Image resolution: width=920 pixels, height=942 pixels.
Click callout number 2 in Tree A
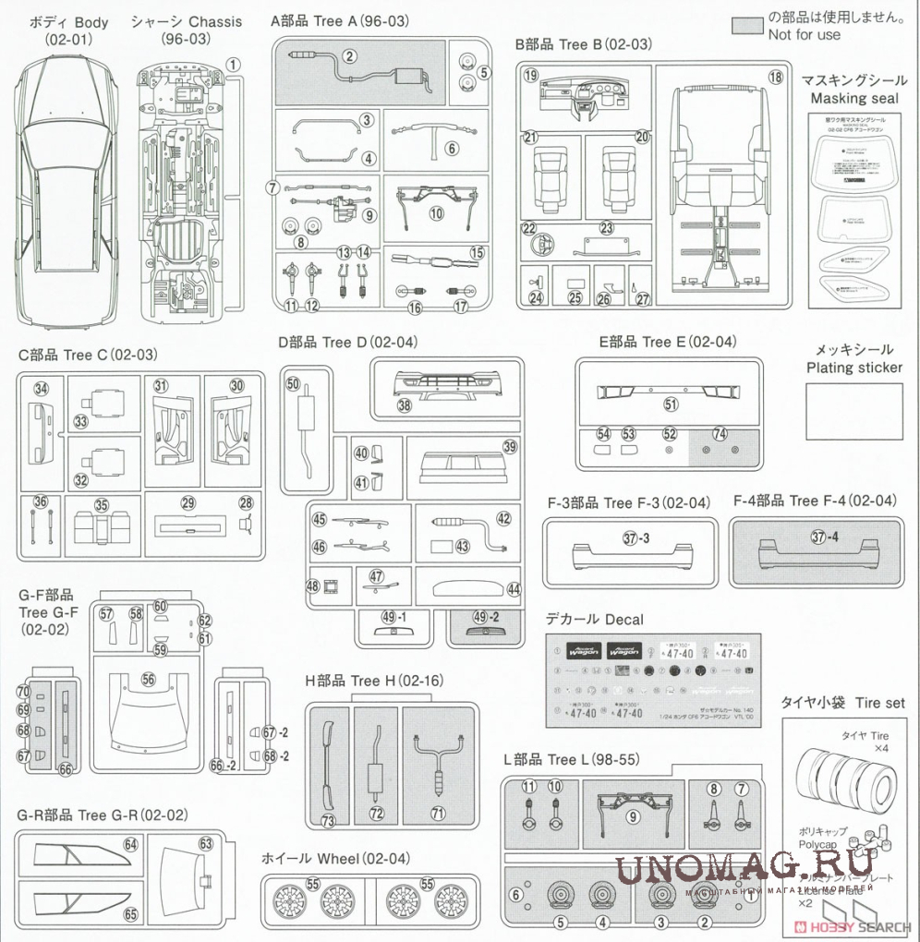tap(349, 56)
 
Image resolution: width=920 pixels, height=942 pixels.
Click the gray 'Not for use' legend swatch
tap(745, 25)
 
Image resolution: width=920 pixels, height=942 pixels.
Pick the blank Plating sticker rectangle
tap(854, 412)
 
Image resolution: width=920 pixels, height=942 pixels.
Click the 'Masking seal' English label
tap(853, 98)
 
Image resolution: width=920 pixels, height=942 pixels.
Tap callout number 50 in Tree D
tap(293, 383)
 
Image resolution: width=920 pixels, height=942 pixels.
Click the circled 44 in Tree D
tap(514, 588)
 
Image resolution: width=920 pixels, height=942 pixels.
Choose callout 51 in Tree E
tap(671, 404)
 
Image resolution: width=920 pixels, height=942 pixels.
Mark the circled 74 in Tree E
tap(720, 434)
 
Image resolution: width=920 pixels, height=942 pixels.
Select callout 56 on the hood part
tap(148, 678)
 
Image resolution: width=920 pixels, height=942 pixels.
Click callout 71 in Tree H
tap(438, 814)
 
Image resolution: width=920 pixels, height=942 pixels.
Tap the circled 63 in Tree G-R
tap(205, 843)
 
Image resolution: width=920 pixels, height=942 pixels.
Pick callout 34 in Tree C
tap(41, 388)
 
